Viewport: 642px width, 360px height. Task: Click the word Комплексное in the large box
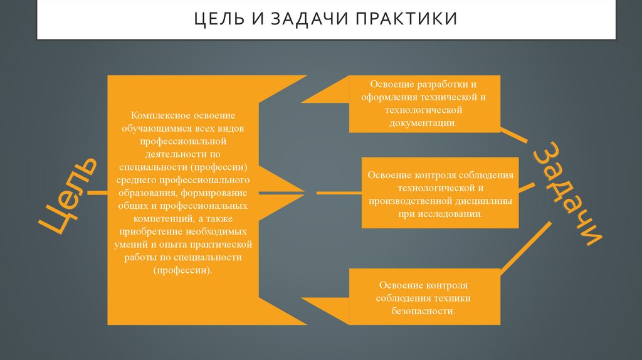pos(157,116)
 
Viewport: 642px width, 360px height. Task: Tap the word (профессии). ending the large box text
pos(183,270)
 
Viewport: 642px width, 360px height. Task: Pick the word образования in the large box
pos(148,193)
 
